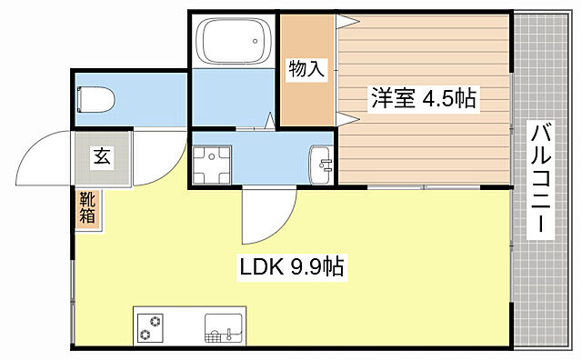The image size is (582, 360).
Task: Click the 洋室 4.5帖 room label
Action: pos(422,98)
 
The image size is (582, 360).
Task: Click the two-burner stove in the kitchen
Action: pos(154,327)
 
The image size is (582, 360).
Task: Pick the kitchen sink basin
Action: pos(224,327)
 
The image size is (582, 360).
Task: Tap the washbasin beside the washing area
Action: pos(321,163)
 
